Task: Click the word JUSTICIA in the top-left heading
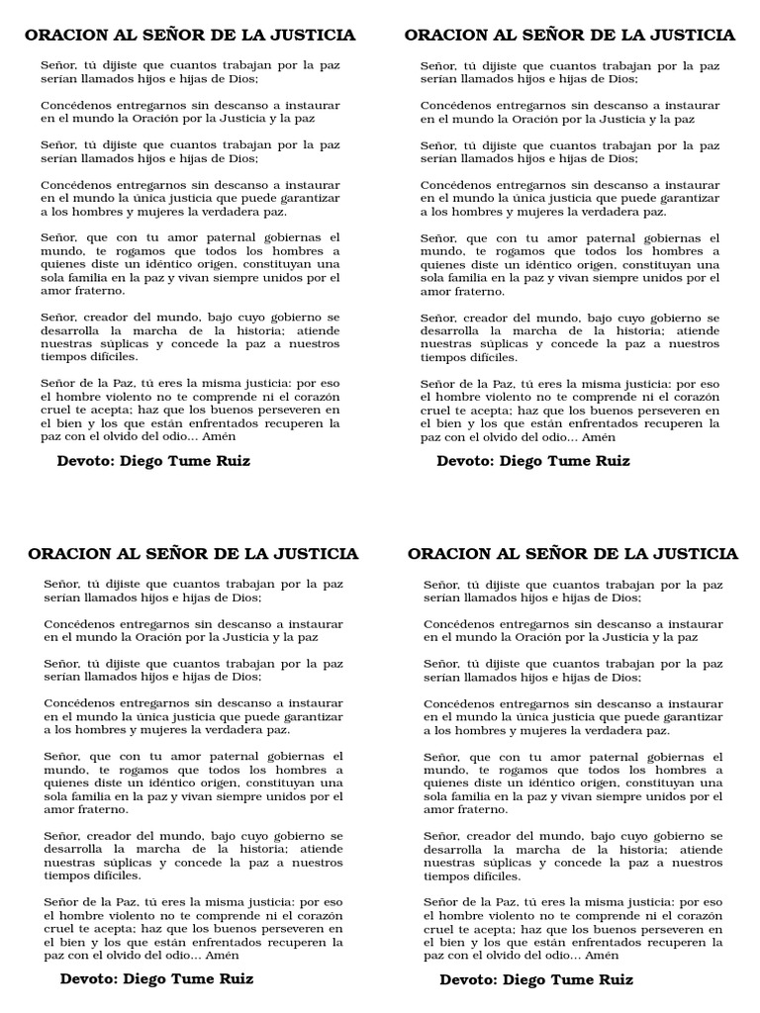(x=315, y=36)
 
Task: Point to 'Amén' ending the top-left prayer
(x=220, y=436)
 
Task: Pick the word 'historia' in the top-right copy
(x=630, y=330)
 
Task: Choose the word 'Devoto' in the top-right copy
(x=464, y=461)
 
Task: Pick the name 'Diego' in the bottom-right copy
(x=526, y=980)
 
